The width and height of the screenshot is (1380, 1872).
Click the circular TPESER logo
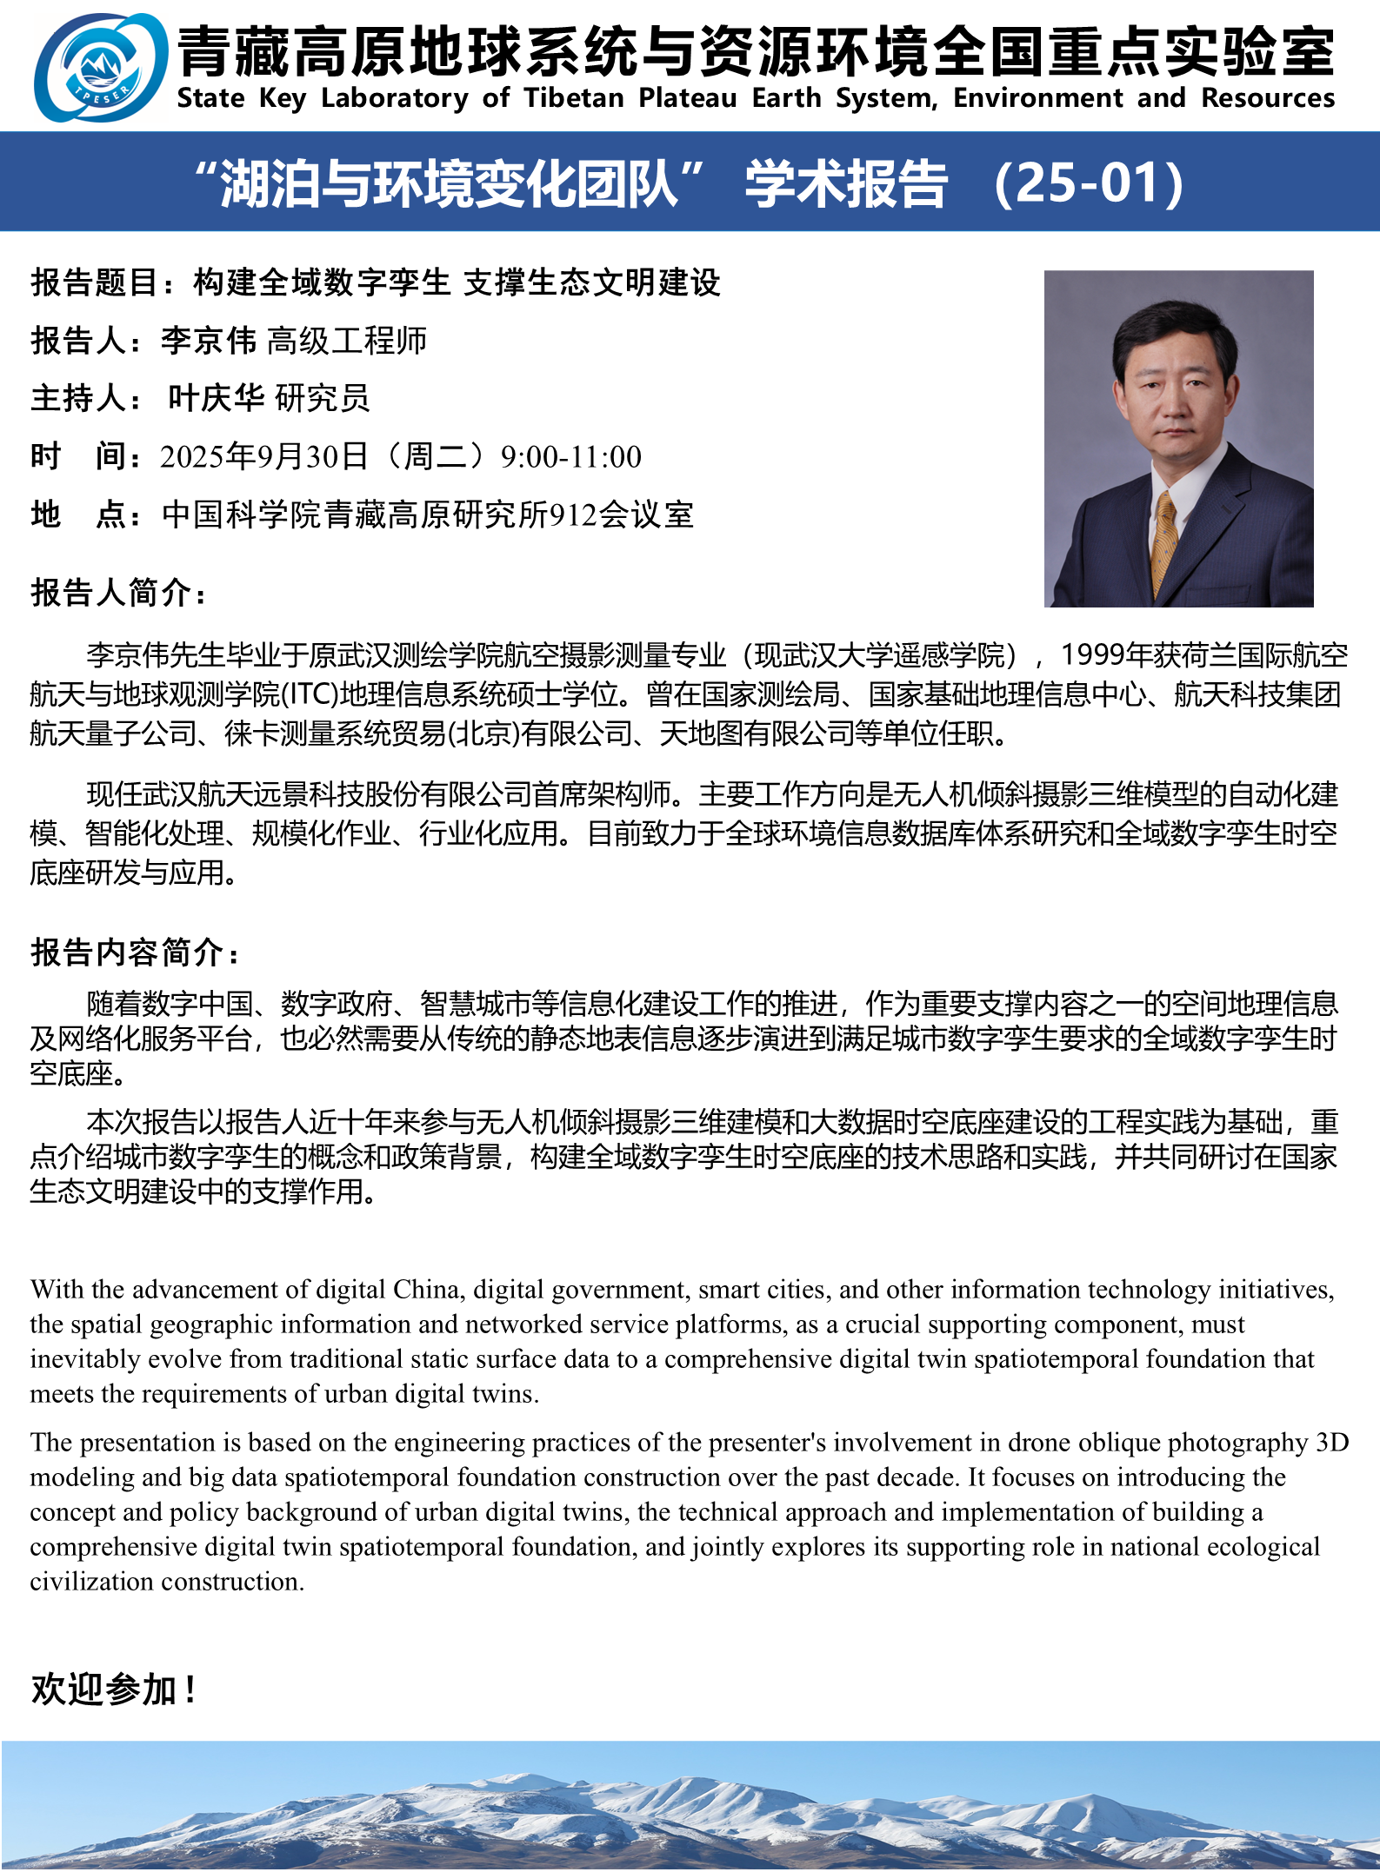pos(101,67)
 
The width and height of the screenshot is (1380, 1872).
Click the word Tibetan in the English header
pos(574,98)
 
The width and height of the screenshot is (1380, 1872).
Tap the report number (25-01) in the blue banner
pos(1088,183)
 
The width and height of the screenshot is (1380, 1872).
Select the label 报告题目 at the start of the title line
pos(95,282)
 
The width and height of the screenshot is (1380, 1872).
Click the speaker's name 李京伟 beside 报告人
pos(209,341)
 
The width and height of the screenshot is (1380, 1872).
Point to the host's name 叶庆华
pos(217,398)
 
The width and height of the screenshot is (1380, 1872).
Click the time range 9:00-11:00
pos(570,457)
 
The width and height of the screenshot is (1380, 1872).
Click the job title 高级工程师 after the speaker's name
pos(347,341)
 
